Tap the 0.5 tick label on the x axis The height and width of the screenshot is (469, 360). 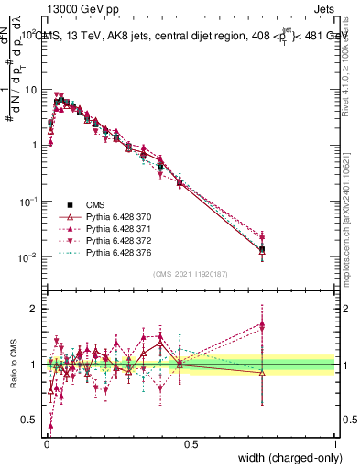click(190, 442)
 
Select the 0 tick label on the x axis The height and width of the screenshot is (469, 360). click(46, 442)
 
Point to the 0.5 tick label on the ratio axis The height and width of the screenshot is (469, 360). click(29, 420)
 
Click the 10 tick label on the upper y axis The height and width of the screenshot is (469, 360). click(30, 90)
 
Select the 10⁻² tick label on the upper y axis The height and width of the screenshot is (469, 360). click(27, 256)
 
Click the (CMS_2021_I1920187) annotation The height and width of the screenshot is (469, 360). click(190, 274)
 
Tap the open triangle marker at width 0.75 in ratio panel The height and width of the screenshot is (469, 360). click(262, 372)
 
